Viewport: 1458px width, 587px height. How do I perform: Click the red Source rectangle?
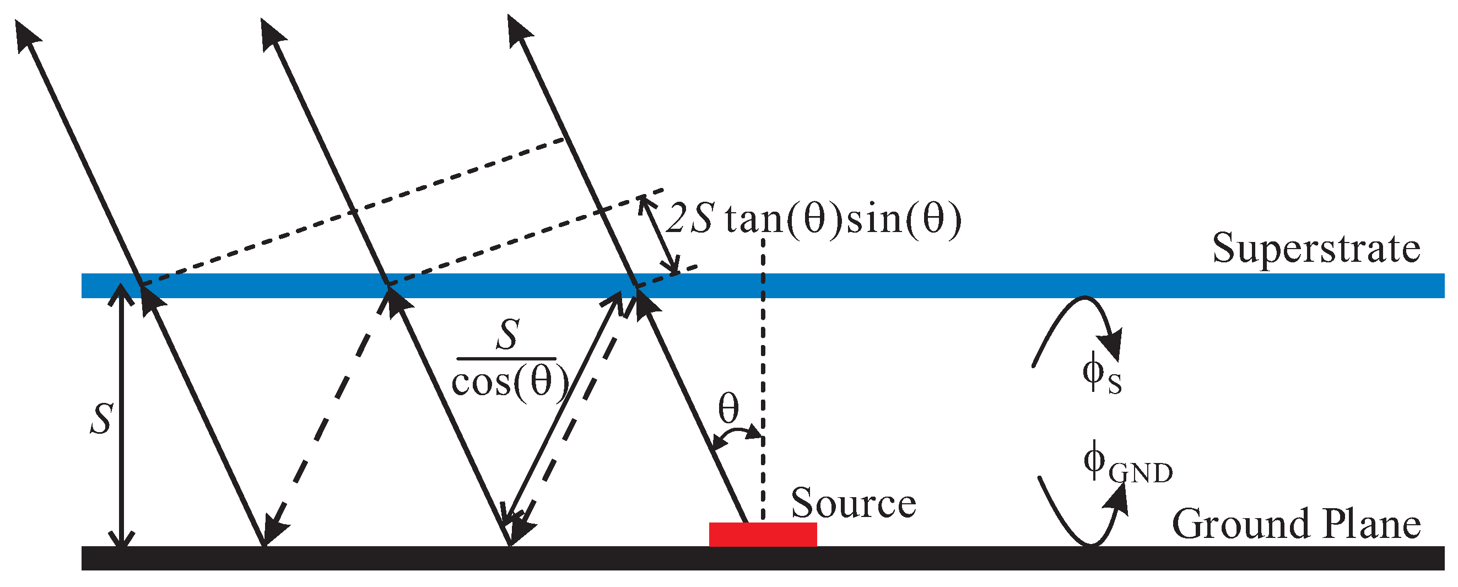[x=763, y=534]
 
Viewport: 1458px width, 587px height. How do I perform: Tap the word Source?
[x=853, y=503]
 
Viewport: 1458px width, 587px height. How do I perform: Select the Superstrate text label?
[x=1315, y=249]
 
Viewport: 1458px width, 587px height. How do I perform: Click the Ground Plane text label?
[x=1295, y=524]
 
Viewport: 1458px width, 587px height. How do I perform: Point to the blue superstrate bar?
[x=962, y=286]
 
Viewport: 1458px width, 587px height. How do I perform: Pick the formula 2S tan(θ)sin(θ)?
[x=813, y=219]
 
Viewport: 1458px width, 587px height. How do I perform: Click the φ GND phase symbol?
[x=1126, y=464]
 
